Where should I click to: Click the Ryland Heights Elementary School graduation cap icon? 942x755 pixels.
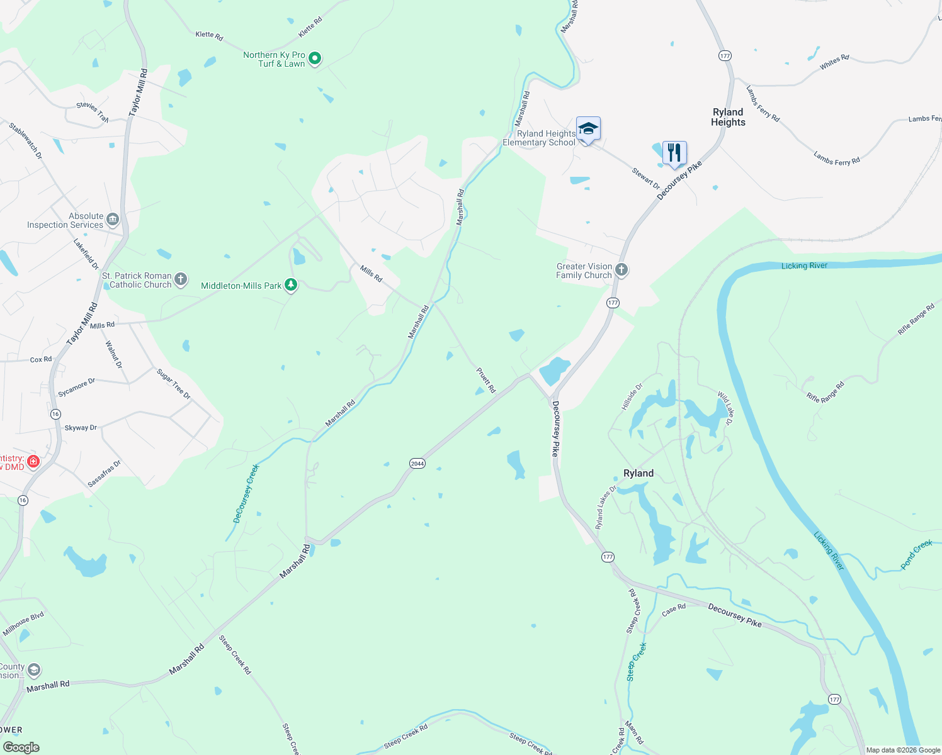pos(588,129)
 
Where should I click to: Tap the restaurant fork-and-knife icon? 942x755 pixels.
pos(674,153)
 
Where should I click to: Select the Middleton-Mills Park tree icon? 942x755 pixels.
pos(291,286)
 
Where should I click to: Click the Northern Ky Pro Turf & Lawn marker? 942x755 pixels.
pos(315,59)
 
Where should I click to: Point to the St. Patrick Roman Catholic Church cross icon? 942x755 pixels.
pos(181,280)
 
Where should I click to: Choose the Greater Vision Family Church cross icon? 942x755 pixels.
pos(621,271)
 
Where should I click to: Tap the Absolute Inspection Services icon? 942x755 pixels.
pos(113,220)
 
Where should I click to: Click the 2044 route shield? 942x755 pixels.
pos(417,464)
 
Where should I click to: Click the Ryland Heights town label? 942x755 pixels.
pos(728,117)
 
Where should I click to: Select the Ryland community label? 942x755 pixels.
pos(638,473)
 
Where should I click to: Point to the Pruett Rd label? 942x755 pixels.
pos(486,381)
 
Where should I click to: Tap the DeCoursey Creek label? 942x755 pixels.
pos(246,494)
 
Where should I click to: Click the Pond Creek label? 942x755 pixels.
pos(916,554)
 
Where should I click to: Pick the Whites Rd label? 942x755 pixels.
pos(834,62)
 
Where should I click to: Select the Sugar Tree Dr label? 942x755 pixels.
pos(174,384)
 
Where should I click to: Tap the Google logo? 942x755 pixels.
pos(21,747)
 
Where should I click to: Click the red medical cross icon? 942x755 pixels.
pos(34,462)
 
